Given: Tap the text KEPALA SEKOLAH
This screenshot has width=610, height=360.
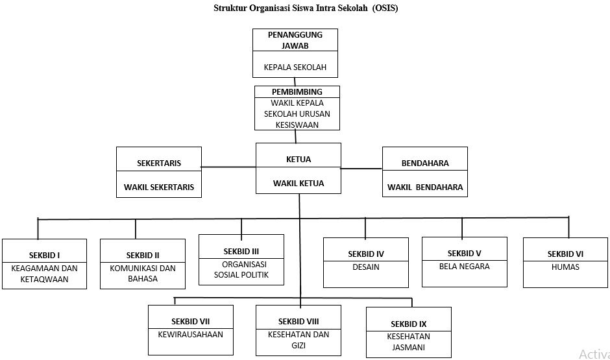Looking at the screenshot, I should coord(295,67).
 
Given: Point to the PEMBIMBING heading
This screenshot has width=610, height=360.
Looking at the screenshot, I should coord(297,92).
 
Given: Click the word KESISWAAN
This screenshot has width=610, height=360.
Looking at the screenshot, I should coord(297,125).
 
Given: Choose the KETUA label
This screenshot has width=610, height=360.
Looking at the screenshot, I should coord(299,160).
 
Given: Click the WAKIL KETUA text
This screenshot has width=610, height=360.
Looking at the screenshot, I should coord(299,184).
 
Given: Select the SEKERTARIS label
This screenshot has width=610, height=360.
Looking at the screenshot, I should coord(159,163).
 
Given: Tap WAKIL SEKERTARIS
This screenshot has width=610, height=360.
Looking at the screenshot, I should coord(159,187).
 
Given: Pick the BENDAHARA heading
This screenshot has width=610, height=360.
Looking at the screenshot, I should coord(425,163).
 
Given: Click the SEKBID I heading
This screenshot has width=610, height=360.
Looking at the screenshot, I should coord(44,255).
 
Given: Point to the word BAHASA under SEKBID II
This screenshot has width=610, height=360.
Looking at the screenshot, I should coord(142,279).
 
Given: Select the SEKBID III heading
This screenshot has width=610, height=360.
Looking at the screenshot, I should coord(241,251).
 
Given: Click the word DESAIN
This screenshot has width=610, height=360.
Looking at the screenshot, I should coord(366,267).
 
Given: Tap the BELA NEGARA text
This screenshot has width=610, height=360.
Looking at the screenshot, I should coord(464,267).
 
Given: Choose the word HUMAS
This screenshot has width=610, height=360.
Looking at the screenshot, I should coord(565,267).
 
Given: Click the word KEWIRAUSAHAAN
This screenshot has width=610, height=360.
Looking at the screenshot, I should coord(190,335).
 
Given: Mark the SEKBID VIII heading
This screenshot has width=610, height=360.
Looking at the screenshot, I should coord(299,321).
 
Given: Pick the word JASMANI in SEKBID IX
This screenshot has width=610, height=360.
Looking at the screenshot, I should coord(408,348).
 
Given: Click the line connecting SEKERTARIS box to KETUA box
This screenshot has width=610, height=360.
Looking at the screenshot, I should coord(228,167).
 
